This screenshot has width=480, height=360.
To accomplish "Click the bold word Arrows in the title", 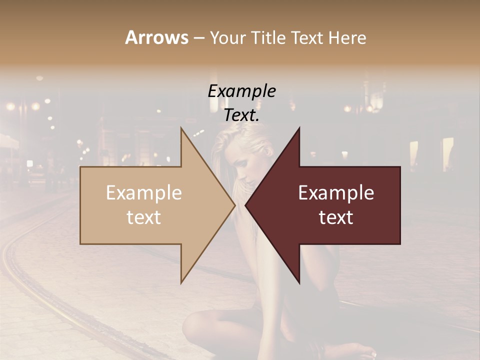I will [x=156, y=37].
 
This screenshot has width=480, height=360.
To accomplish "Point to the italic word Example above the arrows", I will [x=241, y=91].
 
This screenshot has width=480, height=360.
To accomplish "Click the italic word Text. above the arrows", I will [x=241, y=115].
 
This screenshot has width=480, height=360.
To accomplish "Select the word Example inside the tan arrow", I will [x=143, y=192].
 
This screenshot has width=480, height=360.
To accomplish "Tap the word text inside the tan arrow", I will [x=143, y=217].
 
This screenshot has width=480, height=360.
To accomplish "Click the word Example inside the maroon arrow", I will [x=336, y=192].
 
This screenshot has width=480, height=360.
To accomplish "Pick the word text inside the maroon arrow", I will [x=336, y=217].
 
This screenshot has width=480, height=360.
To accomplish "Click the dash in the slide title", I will [x=198, y=38].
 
